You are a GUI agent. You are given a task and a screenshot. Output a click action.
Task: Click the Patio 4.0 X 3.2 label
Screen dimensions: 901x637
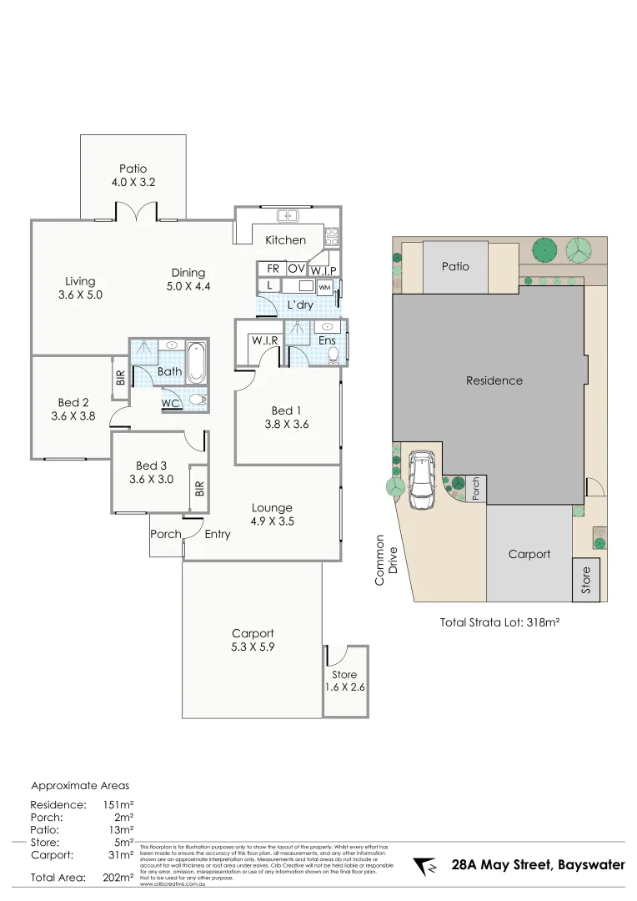[133, 174]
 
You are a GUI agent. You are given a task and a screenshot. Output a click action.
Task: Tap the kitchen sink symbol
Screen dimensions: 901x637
[288, 216]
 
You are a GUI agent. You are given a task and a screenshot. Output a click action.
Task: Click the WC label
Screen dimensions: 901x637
[171, 404]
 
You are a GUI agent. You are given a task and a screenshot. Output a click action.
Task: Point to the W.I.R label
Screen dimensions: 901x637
[263, 340]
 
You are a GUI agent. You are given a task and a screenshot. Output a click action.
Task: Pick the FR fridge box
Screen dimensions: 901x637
[272, 269]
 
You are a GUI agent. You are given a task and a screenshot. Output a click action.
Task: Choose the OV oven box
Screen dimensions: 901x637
[296, 269]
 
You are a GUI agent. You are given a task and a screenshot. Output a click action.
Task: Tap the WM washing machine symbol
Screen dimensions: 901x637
[324, 287]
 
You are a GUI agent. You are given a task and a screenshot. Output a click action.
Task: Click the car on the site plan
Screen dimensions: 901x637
[421, 481]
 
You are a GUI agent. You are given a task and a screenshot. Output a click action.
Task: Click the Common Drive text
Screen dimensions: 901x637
[386, 560]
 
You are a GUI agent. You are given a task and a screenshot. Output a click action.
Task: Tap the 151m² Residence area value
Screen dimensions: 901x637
[118, 805]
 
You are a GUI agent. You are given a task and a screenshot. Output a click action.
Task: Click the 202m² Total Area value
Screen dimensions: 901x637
[118, 877]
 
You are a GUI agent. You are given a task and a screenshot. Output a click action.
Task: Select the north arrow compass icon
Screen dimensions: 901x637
[426, 866]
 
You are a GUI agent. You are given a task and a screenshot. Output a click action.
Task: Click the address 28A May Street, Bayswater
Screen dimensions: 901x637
[538, 865]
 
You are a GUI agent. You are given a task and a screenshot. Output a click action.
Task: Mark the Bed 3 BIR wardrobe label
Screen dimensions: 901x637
[198, 488]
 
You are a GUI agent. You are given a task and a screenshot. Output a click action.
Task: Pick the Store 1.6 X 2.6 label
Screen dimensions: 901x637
[344, 681]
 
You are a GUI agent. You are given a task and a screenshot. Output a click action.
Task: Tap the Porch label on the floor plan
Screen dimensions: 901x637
[165, 534]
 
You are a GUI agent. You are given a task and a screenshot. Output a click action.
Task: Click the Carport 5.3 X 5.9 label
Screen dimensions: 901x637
[253, 640]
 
